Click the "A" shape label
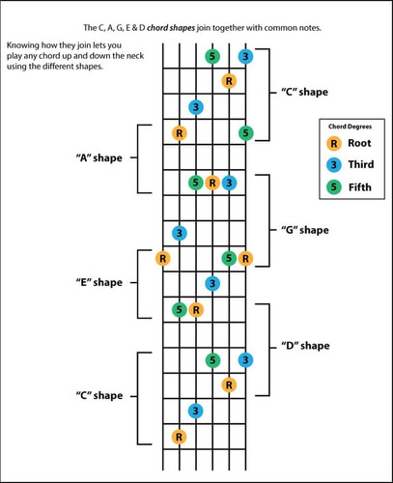click(99, 158)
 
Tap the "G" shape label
click(305, 230)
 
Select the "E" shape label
click(99, 283)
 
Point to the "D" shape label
click(305, 346)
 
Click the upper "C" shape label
click(304, 92)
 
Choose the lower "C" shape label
click(99, 395)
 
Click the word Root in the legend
click(359, 143)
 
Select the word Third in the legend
click(361, 164)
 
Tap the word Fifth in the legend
click(360, 187)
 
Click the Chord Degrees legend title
click(350, 127)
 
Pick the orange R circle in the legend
click(334, 144)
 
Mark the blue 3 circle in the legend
click(334, 165)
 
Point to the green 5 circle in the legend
click(334, 186)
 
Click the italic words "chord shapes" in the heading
click(171, 28)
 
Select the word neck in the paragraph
click(135, 56)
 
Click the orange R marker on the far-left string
click(163, 258)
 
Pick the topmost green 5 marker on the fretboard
click(212, 56)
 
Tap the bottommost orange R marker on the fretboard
click(179, 437)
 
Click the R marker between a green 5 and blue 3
click(212, 183)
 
